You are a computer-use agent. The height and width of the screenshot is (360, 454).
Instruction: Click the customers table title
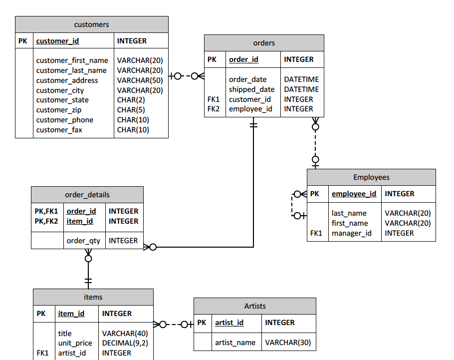coord(91,24)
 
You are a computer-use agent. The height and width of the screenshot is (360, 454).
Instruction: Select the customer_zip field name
coord(58,110)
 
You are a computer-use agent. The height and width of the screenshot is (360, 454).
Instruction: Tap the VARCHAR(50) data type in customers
coord(140,80)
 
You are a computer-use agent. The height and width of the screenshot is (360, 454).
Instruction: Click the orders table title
coord(264,43)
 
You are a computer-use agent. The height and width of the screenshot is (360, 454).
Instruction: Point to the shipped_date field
coord(251,89)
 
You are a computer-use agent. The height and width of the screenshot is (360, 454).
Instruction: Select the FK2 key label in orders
coord(213,109)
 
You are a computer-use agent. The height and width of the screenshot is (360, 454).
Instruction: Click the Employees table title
coord(371,177)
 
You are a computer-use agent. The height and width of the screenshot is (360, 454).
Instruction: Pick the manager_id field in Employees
coord(352,233)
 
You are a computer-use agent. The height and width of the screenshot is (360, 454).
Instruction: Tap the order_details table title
coord(87,195)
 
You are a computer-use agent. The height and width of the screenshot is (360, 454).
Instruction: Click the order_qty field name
coord(83,241)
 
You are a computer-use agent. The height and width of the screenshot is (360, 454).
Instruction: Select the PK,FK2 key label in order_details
coord(46,221)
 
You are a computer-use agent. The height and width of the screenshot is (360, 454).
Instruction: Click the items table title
coord(93,297)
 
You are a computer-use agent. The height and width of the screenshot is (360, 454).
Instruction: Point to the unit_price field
coord(75,343)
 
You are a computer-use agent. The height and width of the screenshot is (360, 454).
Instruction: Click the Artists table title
coord(254,306)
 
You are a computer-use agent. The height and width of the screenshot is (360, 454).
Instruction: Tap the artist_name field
coord(235,343)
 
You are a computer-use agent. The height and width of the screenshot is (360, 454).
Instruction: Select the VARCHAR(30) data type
coord(287,343)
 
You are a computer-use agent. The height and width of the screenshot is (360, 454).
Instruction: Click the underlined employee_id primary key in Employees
coord(354,194)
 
